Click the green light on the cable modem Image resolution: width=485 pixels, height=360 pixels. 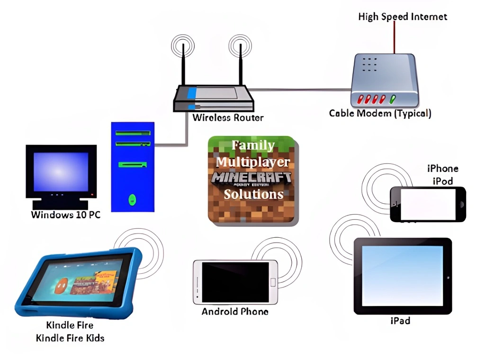[392, 99]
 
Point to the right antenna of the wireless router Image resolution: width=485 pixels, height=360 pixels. [240, 66]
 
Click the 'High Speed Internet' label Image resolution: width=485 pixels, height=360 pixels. [402, 17]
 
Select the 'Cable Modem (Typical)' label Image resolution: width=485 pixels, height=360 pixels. [380, 114]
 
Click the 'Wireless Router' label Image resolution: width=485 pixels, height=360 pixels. [228, 117]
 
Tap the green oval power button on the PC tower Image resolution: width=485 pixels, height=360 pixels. [133, 198]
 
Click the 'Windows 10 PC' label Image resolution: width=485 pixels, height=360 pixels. [66, 215]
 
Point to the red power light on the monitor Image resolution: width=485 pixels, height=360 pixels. [92, 195]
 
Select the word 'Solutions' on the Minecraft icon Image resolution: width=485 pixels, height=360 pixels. [253, 194]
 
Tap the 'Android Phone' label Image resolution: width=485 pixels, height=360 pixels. [235, 312]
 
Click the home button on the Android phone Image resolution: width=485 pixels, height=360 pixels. [272, 282]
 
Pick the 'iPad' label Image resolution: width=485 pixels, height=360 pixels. [400, 321]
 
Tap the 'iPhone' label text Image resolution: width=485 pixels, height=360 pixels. [443, 169]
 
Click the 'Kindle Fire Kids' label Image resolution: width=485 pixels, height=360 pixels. [70, 338]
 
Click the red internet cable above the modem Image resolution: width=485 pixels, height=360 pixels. [394, 38]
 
